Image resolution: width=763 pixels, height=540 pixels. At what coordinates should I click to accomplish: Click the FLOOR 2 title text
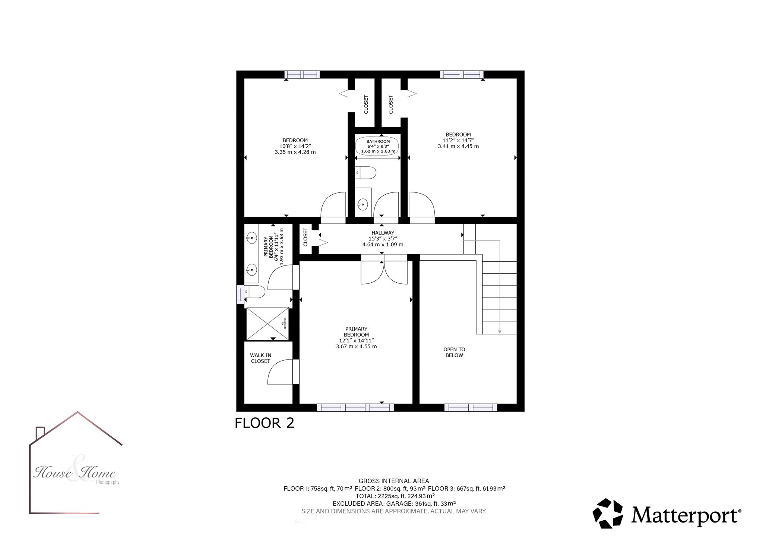point(265,423)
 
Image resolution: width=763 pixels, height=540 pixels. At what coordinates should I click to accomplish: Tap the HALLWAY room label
point(383,233)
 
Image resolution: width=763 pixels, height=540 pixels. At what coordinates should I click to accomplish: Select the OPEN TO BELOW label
point(454,352)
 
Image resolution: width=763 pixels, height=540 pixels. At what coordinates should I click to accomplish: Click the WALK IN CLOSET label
point(260,358)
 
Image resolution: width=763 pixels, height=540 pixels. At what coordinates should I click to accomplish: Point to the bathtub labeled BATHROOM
point(378,146)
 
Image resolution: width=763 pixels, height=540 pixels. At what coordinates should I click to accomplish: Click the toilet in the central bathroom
point(365,173)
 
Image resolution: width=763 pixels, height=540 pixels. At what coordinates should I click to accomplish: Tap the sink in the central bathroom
point(362,204)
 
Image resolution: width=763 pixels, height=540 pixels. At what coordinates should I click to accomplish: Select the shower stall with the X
point(267,324)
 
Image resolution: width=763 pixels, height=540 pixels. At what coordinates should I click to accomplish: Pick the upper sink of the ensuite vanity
point(252,237)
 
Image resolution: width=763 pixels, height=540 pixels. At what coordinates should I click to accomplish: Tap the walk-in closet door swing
point(280,372)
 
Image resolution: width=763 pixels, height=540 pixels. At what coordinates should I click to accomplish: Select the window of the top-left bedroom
point(302,75)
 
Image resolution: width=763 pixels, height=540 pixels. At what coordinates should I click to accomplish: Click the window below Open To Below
point(471,408)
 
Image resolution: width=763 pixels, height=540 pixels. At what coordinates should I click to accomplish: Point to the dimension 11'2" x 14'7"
point(458,141)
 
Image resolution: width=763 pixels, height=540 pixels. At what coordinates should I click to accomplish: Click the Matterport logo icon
point(608,514)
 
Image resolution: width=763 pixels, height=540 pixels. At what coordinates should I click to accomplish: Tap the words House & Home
point(75,473)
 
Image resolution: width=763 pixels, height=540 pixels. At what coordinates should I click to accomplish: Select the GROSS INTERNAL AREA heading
point(394,481)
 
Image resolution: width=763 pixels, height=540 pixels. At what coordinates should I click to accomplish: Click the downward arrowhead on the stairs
point(500,332)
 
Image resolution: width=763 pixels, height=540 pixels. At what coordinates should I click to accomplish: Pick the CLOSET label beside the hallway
point(305,237)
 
